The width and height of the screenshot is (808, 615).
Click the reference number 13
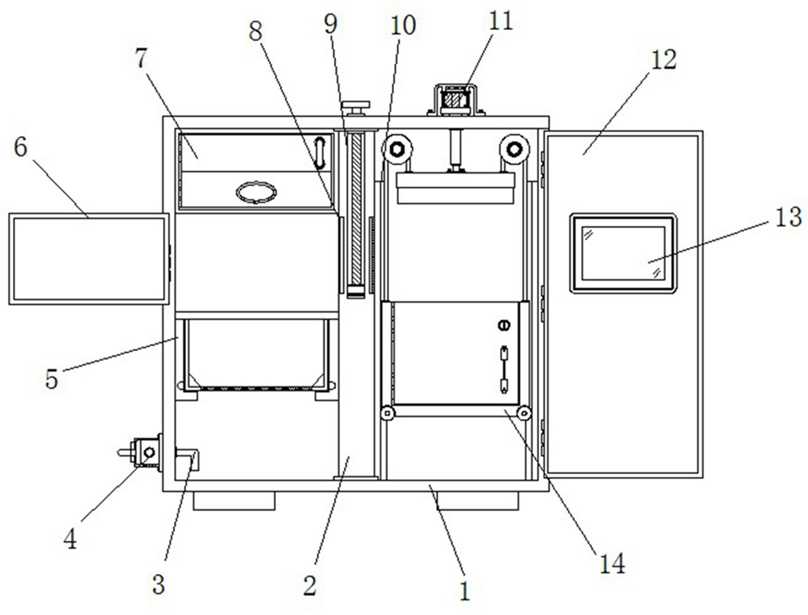[789, 217]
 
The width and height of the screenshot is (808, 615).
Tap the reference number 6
[20, 147]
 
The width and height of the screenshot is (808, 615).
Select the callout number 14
[612, 564]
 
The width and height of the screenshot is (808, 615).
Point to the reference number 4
[70, 539]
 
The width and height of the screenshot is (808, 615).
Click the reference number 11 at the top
[500, 20]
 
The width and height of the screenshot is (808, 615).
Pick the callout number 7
[141, 58]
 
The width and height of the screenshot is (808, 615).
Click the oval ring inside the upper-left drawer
[256, 192]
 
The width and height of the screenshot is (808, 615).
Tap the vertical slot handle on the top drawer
[319, 153]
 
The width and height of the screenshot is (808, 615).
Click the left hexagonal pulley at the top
[397, 150]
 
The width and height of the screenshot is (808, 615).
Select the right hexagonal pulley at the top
[514, 150]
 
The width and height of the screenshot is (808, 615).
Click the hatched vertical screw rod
[356, 212]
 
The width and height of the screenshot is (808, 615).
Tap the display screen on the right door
[623, 253]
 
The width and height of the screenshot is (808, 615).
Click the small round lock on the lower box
[504, 325]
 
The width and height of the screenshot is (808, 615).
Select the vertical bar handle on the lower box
[504, 369]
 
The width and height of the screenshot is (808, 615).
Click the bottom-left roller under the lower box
[388, 413]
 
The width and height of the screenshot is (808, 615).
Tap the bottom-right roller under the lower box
[524, 413]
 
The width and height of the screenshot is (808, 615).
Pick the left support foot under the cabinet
[234, 501]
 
